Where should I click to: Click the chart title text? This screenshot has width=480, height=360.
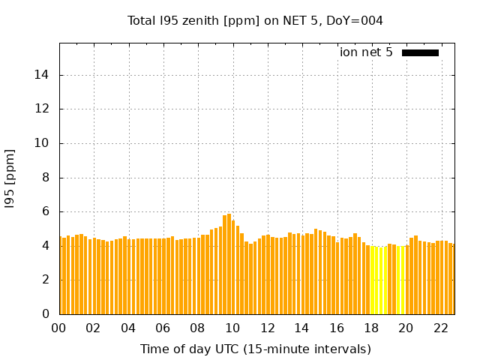click(x=255, y=20)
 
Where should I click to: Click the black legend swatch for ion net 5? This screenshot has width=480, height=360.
click(x=420, y=52)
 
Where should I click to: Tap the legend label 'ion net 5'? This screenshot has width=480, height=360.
click(x=366, y=52)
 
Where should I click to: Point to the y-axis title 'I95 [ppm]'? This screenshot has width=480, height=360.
click(x=10, y=178)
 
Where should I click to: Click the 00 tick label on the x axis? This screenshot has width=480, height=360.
click(x=59, y=328)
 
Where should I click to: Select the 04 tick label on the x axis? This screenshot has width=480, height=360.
click(x=128, y=328)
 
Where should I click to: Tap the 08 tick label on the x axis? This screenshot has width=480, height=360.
click(x=198, y=328)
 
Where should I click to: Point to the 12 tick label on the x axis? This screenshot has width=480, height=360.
click(x=267, y=328)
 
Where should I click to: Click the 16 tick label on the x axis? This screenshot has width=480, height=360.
click(x=337, y=328)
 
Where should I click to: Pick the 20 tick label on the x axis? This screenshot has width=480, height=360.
click(x=406, y=328)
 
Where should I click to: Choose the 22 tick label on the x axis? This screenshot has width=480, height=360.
click(x=440, y=328)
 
